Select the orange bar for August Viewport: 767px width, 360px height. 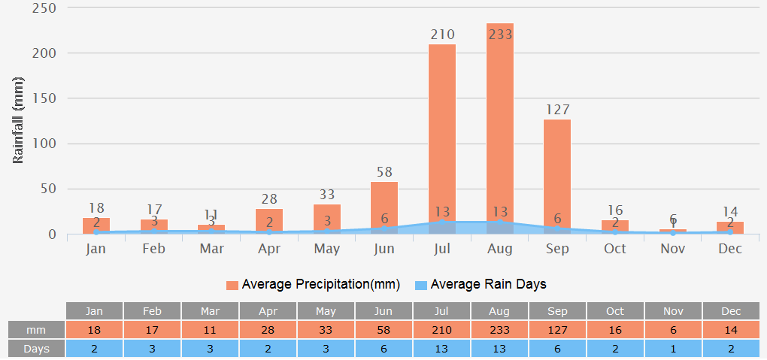500,128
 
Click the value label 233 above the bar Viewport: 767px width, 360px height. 500,35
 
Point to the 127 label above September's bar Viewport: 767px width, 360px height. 557,110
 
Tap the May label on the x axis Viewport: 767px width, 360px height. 327,249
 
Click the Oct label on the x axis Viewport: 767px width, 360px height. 615,249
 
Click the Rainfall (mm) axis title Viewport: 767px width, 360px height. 19,120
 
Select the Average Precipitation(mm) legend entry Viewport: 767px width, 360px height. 313,285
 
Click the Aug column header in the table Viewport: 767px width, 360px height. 500,311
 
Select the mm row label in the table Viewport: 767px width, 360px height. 36,330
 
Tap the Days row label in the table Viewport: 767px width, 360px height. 36,349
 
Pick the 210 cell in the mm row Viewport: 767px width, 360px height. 442,330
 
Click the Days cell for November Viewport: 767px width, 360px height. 673,349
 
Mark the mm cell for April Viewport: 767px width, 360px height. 268,330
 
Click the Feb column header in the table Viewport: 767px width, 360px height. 153,311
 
